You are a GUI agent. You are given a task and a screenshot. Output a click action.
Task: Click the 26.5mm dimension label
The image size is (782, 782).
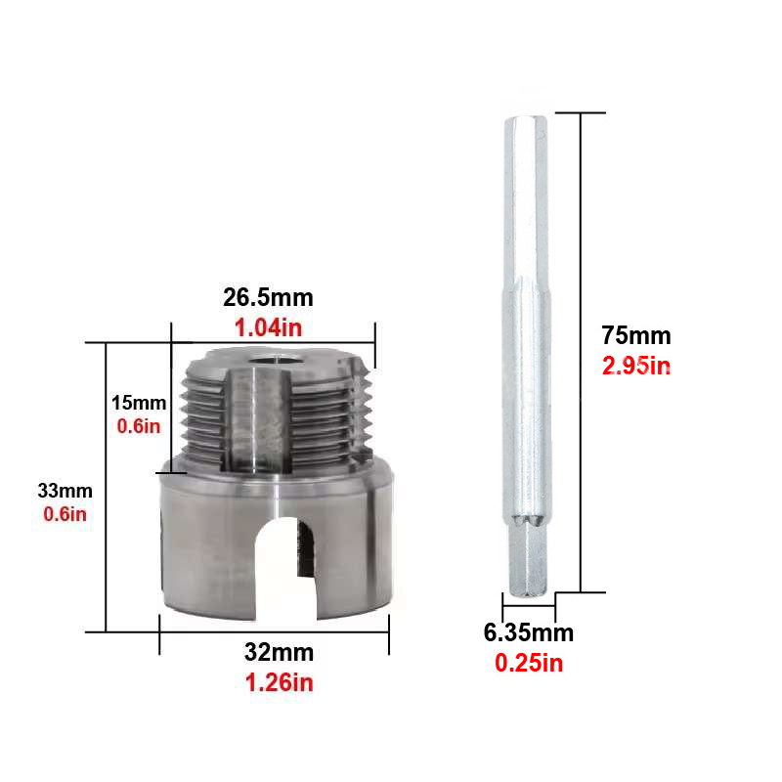(268, 298)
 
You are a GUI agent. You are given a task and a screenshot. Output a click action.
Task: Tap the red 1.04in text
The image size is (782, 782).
(268, 327)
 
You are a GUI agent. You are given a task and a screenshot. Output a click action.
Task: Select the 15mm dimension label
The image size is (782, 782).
(139, 403)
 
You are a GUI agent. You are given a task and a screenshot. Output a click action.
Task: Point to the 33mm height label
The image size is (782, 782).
(65, 491)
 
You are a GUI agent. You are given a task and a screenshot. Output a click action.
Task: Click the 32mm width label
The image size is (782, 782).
(279, 652)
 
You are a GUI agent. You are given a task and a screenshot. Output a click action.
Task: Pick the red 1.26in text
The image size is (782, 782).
(280, 682)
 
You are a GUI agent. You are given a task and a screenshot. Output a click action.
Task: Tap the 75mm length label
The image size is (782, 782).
(636, 335)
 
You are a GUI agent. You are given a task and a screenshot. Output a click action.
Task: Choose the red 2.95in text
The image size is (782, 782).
(636, 366)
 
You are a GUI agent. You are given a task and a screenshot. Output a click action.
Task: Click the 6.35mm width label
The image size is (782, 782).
(529, 632)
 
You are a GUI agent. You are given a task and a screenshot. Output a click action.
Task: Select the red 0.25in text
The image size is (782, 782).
(529, 664)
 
